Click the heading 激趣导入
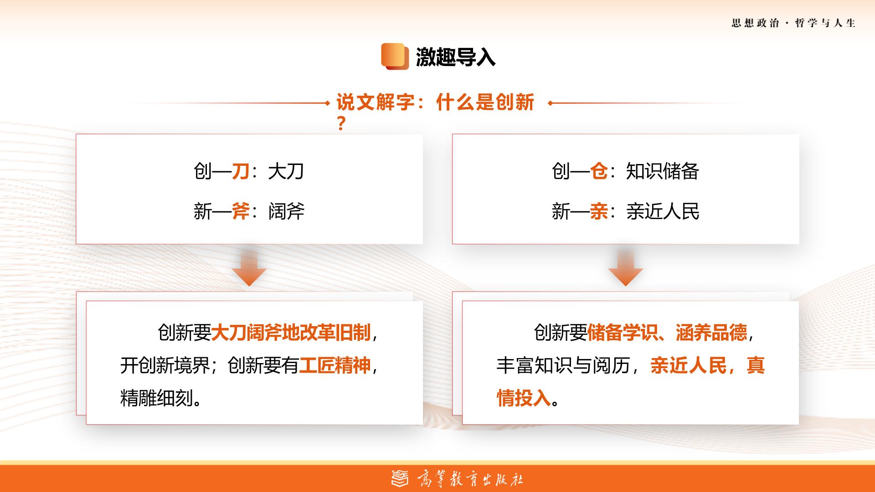tap(455, 57)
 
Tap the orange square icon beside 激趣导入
tap(395, 56)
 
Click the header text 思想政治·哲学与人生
tap(793, 23)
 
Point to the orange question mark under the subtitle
tap(341, 124)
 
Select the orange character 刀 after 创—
tap(241, 172)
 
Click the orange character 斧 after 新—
tap(241, 211)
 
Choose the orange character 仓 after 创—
tap(599, 172)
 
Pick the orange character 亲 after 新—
tap(599, 211)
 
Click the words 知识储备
tap(663, 172)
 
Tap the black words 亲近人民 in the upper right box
tap(663, 211)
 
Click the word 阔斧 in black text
tap(286, 211)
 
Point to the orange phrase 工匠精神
tap(335, 365)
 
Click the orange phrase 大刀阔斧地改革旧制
tap(291, 333)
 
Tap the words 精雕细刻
tap(156, 398)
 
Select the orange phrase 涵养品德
tap(711, 333)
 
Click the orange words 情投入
tap(524, 398)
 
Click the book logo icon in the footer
tap(400, 479)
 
